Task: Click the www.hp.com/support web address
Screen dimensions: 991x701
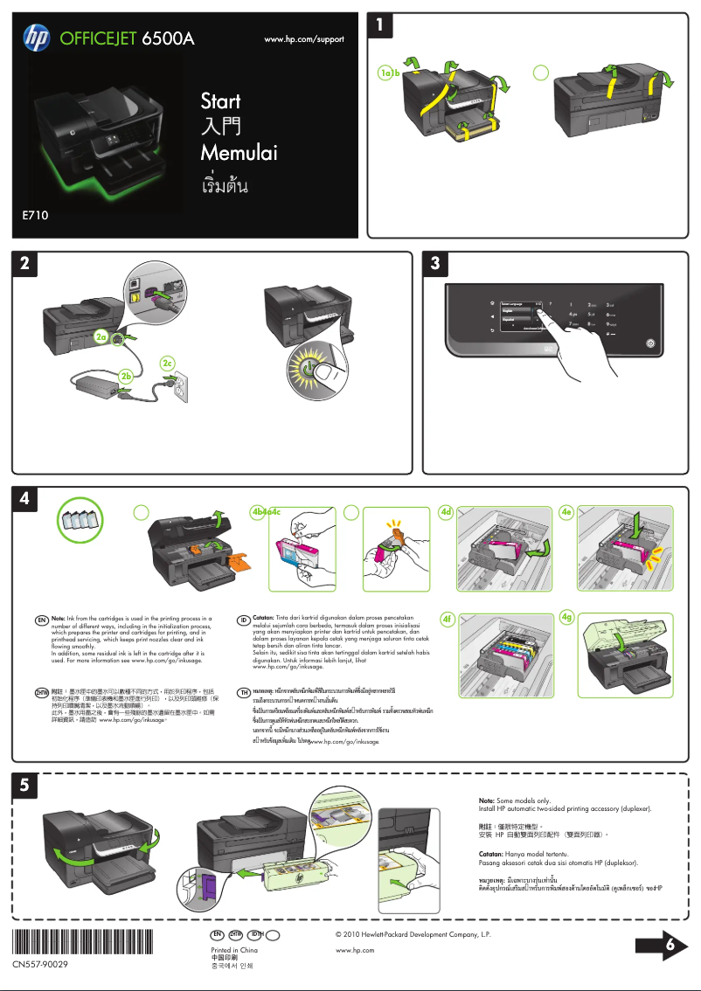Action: pyautogui.click(x=304, y=39)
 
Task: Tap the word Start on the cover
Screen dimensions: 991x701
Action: pyautogui.click(x=220, y=100)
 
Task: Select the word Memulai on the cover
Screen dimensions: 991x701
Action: pyautogui.click(x=239, y=154)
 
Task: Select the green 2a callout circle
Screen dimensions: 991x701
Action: pyautogui.click(x=102, y=336)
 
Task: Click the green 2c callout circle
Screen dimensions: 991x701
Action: pyautogui.click(x=169, y=362)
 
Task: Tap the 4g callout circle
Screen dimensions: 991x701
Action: pyautogui.click(x=567, y=618)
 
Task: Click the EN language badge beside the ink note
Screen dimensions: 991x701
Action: pyautogui.click(x=41, y=620)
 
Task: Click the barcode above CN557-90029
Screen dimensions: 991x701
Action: pyautogui.click(x=79, y=943)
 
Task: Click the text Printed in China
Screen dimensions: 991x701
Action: pyautogui.click(x=234, y=949)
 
